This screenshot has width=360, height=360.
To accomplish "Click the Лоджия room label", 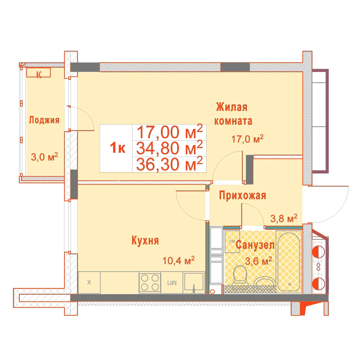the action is pyautogui.click(x=44, y=120).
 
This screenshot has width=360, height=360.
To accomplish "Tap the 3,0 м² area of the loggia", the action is pyautogui.click(x=44, y=157).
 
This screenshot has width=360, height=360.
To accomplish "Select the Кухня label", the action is pyautogui.click(x=145, y=240).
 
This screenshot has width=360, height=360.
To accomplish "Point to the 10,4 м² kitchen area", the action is pyautogui.click(x=179, y=260).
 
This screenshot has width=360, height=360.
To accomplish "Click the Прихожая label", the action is pyautogui.click(x=242, y=195).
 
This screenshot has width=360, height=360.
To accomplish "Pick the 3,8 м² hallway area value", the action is pyautogui.click(x=284, y=218).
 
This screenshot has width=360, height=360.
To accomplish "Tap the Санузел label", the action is pyautogui.click(x=255, y=245).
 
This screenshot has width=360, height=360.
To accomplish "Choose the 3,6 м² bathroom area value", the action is pyautogui.click(x=258, y=261).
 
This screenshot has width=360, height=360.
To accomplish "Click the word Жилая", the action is pyautogui.click(x=231, y=107).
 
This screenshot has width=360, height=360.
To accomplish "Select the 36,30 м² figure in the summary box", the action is pyautogui.click(x=170, y=164).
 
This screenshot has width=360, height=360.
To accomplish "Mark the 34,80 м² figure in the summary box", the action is pyautogui.click(x=170, y=148).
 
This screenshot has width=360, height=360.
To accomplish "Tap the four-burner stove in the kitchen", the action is pyautogui.click(x=150, y=282).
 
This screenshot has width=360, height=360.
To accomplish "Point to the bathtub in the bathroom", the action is pyautogui.click(x=289, y=262).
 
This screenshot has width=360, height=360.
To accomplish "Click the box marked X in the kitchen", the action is pyautogui.click(x=89, y=282).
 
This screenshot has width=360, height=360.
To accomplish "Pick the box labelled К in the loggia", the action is pyautogui.click(x=39, y=73).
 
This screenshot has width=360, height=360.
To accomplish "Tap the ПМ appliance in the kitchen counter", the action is pyautogui.click(x=172, y=282).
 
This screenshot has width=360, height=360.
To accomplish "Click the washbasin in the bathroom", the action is pyautogui.click(x=264, y=282).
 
